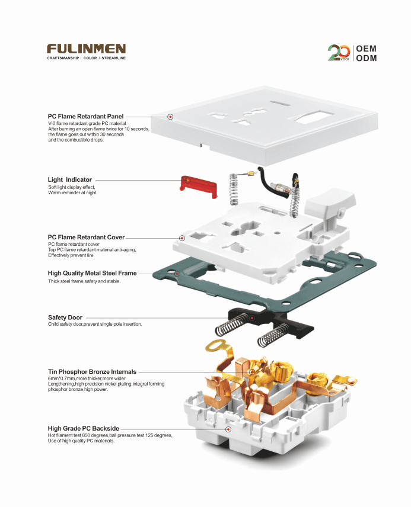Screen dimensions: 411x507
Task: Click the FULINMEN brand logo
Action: [86, 49]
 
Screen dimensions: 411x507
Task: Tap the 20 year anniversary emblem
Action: [339, 53]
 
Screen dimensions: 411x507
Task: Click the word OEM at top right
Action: [367, 49]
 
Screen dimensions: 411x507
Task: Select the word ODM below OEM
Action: [367, 58]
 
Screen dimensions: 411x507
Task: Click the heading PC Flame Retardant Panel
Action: [85, 117]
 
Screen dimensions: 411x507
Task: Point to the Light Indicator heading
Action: [69, 179]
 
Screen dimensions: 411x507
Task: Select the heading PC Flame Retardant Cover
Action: [86, 237]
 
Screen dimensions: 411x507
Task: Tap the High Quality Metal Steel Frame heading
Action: [92, 273]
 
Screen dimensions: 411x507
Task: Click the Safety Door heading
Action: [65, 317]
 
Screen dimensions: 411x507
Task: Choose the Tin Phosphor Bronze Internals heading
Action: [92, 371]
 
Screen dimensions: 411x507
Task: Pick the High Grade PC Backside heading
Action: [84, 428]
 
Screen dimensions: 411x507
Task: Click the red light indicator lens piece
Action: [198, 187]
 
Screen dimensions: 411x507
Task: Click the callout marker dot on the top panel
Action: [170, 117]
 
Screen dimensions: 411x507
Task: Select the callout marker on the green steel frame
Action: [177, 274]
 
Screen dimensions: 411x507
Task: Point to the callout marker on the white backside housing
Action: [228, 429]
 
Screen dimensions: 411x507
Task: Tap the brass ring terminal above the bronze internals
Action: [214, 346]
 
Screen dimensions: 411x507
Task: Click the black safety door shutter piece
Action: [270, 322]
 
